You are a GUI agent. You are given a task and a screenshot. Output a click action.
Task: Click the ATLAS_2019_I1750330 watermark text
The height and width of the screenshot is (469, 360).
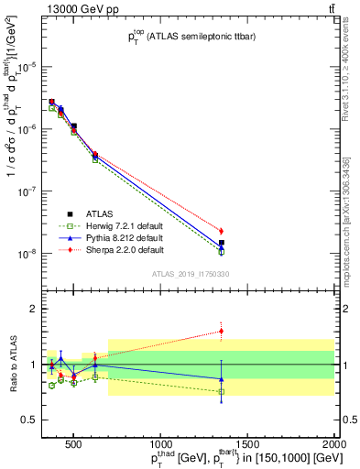click(191, 274)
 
